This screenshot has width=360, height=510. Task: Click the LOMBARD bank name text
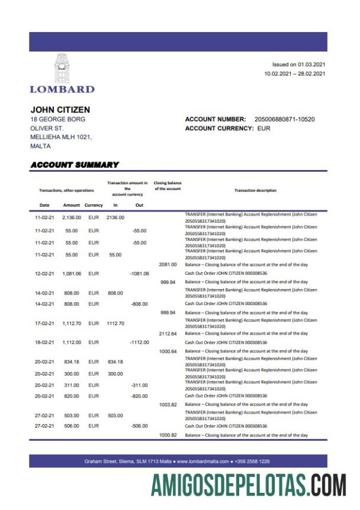[62, 89]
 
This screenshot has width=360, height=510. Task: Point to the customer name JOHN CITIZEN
[60, 110]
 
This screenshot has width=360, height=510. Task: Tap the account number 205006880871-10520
[284, 119]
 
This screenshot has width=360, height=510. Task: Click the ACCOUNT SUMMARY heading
[75, 165]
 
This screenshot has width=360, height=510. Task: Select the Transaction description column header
[255, 190]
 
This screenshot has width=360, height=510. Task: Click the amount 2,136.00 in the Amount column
[71, 217]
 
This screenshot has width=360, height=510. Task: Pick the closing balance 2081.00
[168, 264]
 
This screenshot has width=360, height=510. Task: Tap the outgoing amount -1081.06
[139, 274]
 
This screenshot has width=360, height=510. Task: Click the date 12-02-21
[44, 274]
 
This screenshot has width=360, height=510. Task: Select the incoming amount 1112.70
[115, 323]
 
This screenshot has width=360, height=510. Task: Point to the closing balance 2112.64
[168, 333]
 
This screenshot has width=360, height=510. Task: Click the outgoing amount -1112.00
[139, 342]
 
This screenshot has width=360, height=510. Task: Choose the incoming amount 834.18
[115, 361]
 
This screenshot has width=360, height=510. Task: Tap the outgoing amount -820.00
[139, 396]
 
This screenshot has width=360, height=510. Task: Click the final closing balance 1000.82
[168, 435]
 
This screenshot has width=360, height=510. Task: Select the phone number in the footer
[253, 461]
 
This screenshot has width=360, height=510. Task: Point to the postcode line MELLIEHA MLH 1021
[61, 137]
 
